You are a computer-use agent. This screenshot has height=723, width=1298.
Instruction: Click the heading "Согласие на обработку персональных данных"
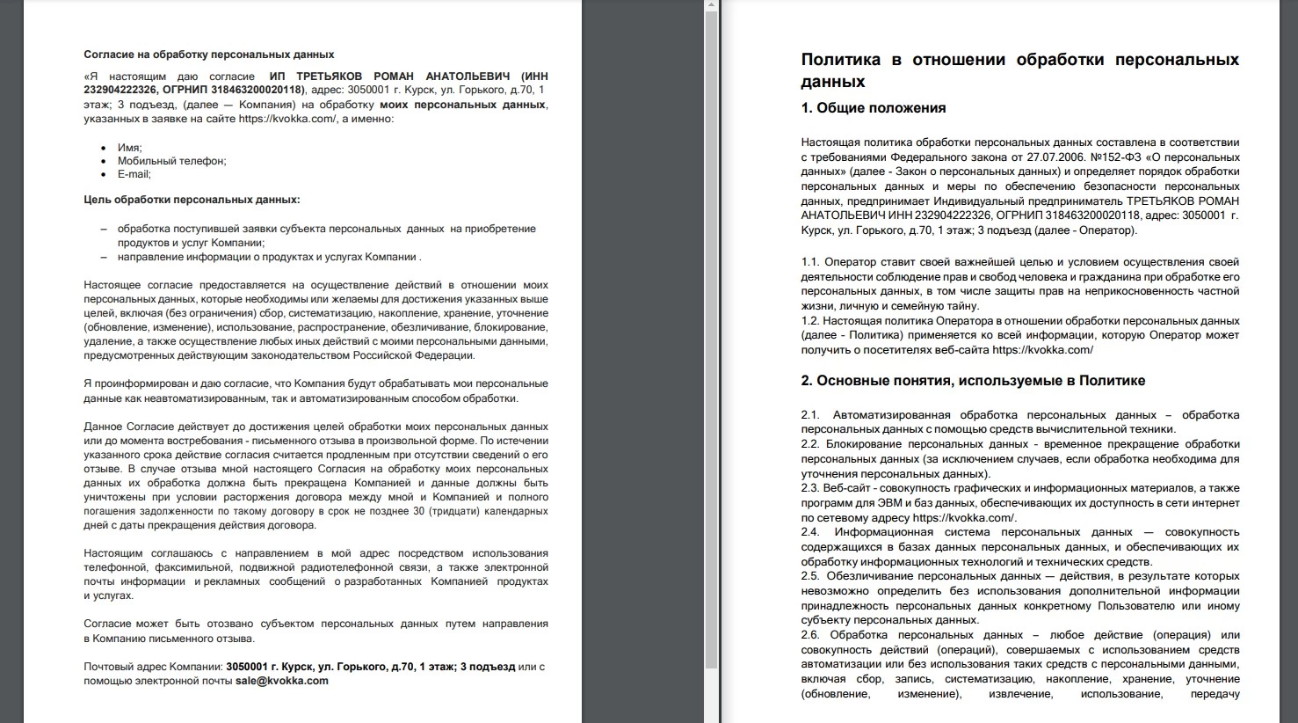coord(208,55)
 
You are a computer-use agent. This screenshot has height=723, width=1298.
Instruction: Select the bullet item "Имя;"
coord(129,148)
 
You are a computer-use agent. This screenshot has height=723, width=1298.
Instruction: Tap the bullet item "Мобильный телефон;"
coord(171,161)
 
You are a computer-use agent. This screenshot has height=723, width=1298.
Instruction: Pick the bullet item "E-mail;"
coord(134,174)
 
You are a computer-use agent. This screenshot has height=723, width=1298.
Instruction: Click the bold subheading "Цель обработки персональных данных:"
coord(192,200)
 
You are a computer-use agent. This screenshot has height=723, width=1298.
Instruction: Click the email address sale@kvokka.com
coord(281,681)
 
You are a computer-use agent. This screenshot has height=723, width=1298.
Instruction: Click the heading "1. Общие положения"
coord(873,108)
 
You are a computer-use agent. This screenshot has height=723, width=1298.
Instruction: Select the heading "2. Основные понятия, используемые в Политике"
coord(973,381)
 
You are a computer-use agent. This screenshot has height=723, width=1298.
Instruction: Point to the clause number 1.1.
coord(810,262)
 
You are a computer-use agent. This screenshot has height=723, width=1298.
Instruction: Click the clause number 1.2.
coord(810,321)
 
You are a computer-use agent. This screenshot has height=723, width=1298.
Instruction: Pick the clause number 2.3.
coord(810,488)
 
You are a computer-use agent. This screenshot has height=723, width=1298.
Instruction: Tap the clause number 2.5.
coord(810,576)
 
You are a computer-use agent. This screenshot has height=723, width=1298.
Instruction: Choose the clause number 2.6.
coord(810,635)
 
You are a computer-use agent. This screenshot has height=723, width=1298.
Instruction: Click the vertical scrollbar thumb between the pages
coord(711,334)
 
